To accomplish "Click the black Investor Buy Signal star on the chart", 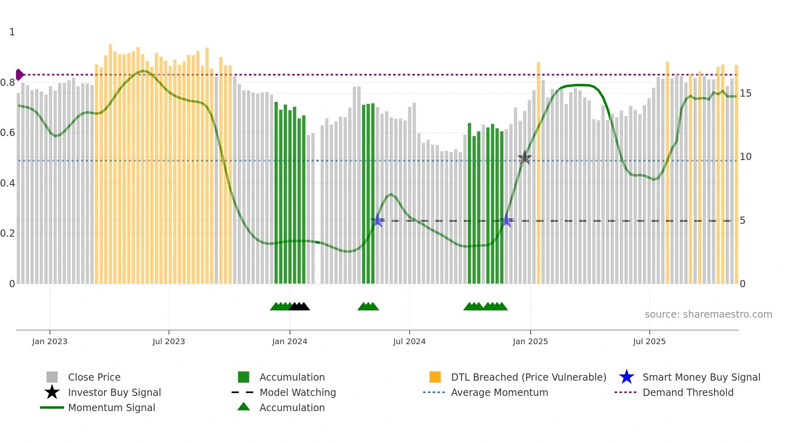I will pyautogui.click(x=524, y=158).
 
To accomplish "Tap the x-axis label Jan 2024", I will pyautogui.click(x=290, y=341).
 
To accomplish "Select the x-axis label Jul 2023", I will pyautogui.click(x=169, y=341).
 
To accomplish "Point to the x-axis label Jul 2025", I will pyautogui.click(x=649, y=341).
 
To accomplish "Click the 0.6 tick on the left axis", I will pyautogui.click(x=8, y=133).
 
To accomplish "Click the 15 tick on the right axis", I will pyautogui.click(x=745, y=93).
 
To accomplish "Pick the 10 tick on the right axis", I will pyautogui.click(x=745, y=157).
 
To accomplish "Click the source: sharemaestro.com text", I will pyautogui.click(x=708, y=314).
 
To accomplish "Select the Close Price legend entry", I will pyautogui.click(x=94, y=377).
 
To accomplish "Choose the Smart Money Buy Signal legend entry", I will pyautogui.click(x=701, y=377).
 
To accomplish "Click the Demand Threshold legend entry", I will pyautogui.click(x=688, y=392).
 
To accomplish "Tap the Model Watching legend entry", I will pyautogui.click(x=297, y=392).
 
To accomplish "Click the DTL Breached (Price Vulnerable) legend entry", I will pyautogui.click(x=528, y=377).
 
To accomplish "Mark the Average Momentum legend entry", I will pyautogui.click(x=499, y=392).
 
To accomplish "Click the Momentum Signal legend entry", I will pyautogui.click(x=111, y=408).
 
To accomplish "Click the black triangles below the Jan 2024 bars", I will pyautogui.click(x=299, y=306).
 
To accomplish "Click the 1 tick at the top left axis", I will pyautogui.click(x=12, y=32).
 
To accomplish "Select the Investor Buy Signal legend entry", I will pyautogui.click(x=114, y=392).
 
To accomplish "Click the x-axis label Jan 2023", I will pyautogui.click(x=50, y=341).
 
